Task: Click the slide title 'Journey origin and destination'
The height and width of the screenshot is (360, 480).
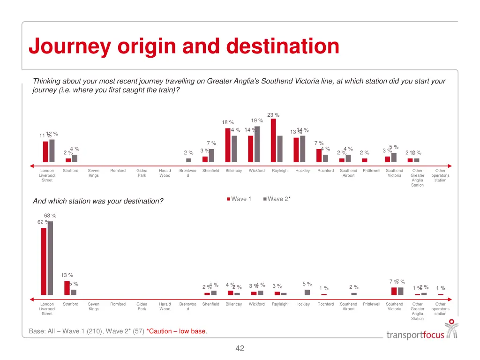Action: (x=184, y=46)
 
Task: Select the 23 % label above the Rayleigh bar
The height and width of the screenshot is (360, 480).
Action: (x=273, y=115)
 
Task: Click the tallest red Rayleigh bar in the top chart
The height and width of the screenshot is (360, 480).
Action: (x=273, y=140)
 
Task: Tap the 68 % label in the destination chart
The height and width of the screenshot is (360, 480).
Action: (x=50, y=216)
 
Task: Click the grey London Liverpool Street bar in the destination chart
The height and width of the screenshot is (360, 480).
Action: (x=50, y=258)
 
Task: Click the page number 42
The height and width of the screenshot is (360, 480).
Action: (x=240, y=348)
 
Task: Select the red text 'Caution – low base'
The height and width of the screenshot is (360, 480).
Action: (x=177, y=331)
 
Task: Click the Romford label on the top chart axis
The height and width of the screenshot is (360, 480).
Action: (x=118, y=171)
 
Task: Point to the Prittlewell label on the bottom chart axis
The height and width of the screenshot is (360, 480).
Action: (x=371, y=304)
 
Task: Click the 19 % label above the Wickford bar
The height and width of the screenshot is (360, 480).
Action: (x=257, y=120)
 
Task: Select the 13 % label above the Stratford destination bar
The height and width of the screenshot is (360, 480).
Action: (x=67, y=275)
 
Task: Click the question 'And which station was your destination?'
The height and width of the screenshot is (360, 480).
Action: (x=98, y=201)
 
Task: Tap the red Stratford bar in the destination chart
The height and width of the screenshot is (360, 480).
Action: (x=67, y=288)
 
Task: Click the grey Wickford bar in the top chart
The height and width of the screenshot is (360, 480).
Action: (x=257, y=144)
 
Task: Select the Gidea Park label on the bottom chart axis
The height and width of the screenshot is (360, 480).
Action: (x=142, y=307)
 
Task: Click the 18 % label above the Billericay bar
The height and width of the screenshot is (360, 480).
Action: (x=228, y=122)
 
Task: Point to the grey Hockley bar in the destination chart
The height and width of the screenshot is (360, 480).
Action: (x=307, y=292)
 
